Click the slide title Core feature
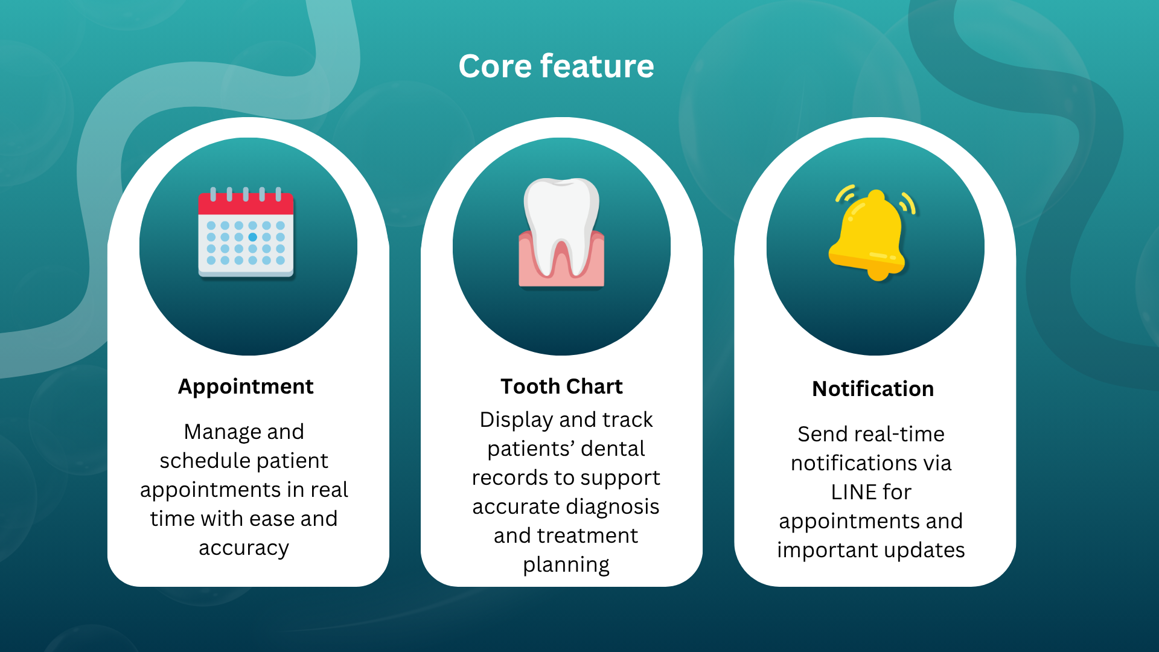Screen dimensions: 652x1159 556,66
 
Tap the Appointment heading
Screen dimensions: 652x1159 246,386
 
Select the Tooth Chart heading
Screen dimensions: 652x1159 561,386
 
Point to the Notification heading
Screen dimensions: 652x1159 873,389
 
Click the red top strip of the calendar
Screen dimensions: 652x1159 246,204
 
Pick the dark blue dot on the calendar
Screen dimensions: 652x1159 252,237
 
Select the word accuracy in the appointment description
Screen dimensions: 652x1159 244,548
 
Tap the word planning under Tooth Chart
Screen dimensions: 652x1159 566,564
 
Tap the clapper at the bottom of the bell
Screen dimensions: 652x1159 878,275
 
